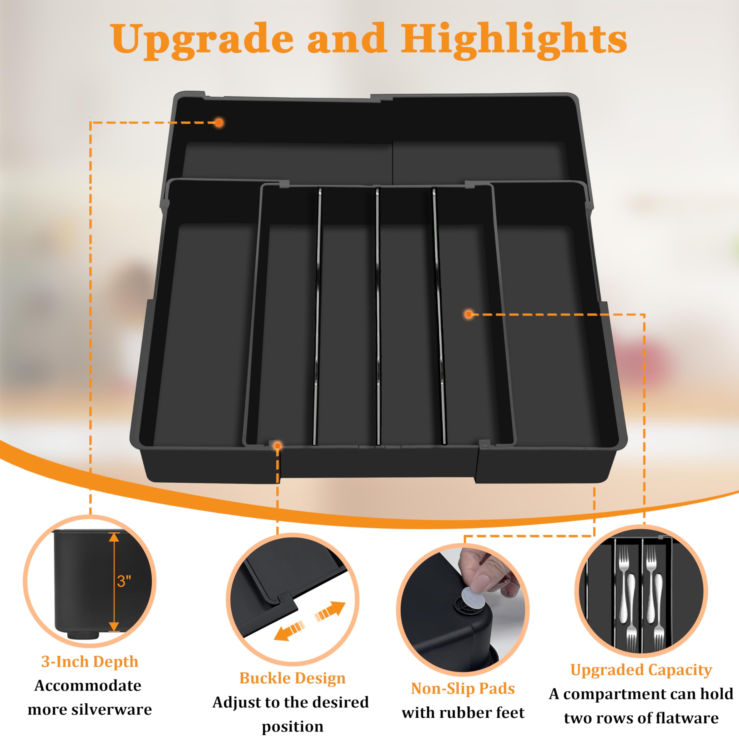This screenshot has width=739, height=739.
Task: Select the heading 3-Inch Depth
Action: [x=90, y=661]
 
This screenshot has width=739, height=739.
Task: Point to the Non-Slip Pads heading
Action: [x=463, y=688]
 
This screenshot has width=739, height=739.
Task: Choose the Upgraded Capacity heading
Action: [x=641, y=670]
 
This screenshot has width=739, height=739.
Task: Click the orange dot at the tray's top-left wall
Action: [x=219, y=123]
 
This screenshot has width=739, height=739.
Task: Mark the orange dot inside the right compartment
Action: [x=469, y=314]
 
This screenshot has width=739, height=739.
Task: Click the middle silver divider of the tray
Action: [x=378, y=314]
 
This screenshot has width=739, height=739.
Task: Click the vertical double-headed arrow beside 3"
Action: [x=114, y=582]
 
